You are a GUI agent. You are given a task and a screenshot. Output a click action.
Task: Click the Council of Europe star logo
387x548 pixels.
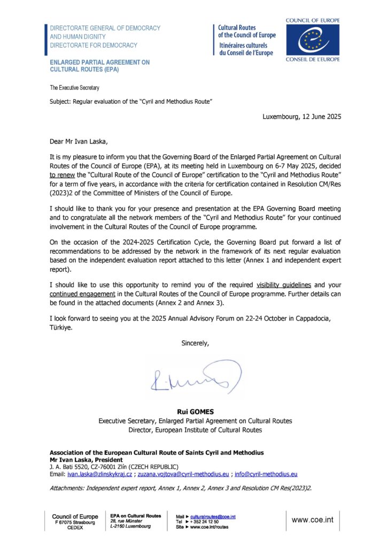pyautogui.click(x=313, y=39)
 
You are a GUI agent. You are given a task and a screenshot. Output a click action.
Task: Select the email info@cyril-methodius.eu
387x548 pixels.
pyautogui.click(x=266, y=474)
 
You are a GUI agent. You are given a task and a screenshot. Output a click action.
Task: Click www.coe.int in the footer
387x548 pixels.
pyautogui.click(x=314, y=520)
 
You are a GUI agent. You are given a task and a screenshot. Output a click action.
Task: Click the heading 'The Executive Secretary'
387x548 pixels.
pyautogui.click(x=74, y=87)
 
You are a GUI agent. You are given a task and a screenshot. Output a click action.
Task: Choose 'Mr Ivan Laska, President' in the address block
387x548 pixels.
pyautogui.click(x=86, y=460)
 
